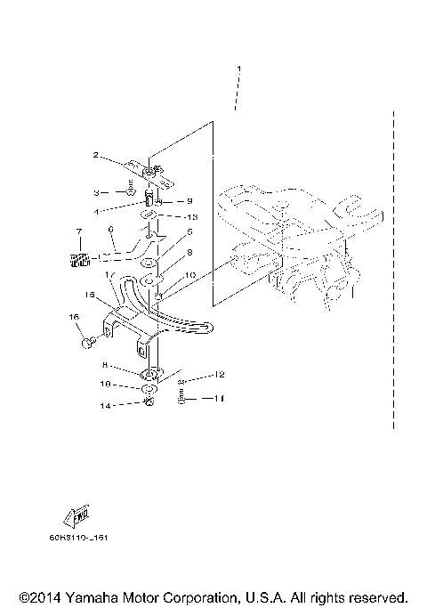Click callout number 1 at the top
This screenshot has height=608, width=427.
point(238,69)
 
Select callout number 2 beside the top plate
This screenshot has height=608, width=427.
point(95,155)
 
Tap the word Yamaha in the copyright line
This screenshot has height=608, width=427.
point(89,596)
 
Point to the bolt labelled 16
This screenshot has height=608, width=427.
point(88,339)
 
